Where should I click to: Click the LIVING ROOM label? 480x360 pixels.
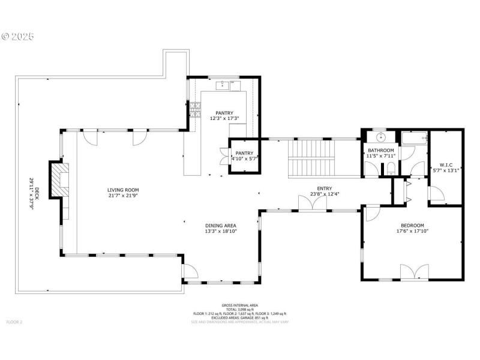(123, 190)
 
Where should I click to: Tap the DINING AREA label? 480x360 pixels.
(221, 226)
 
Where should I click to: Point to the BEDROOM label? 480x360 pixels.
(413, 226)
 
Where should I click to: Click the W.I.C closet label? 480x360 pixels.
(446, 164)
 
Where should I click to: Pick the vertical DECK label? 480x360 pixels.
(36, 193)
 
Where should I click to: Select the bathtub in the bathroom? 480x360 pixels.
(414, 139)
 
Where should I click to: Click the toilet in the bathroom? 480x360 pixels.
(391, 167)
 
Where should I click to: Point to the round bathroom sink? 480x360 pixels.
(379, 138)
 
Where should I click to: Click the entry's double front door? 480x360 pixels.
(313, 203)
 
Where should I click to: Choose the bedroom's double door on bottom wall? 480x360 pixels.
(414, 272)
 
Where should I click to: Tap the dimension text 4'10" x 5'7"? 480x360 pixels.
(244, 159)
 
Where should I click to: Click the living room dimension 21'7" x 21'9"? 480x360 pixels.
(123, 196)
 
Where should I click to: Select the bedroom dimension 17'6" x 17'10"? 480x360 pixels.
(413, 231)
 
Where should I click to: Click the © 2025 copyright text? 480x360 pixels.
(18, 36)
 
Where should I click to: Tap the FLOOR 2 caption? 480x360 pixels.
(14, 322)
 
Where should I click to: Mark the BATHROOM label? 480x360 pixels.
(381, 150)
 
